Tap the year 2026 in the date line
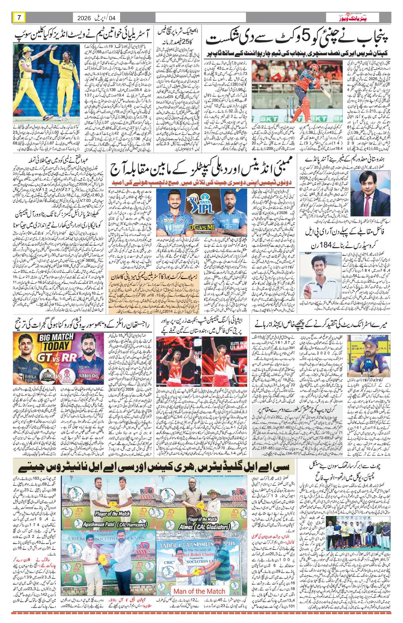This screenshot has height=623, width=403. [84, 18]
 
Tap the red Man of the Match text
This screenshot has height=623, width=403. [199, 591]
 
